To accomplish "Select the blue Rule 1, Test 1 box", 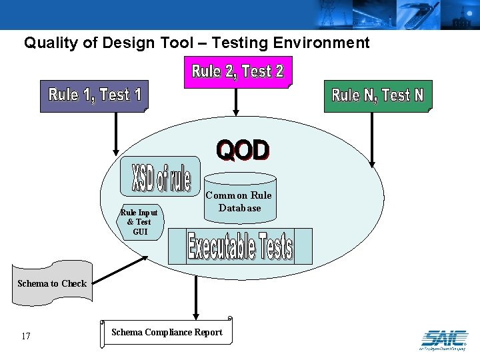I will click(x=94, y=97).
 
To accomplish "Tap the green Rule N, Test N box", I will click(x=377, y=96).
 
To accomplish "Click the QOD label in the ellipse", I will click(x=243, y=151).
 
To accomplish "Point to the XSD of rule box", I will click(x=161, y=176).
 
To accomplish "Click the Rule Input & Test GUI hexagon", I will click(x=139, y=222).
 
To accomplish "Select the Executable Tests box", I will click(x=240, y=247).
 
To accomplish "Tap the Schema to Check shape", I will click(x=51, y=284).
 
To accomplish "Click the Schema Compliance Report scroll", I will click(x=167, y=332).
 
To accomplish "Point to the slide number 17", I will click(x=26, y=336).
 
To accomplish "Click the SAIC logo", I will click(x=443, y=338).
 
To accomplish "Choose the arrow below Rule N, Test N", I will click(x=372, y=140).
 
